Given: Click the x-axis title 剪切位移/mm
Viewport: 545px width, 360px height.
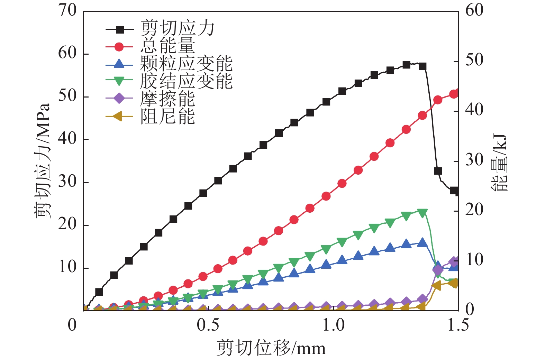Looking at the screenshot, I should pyautogui.click(x=271, y=348).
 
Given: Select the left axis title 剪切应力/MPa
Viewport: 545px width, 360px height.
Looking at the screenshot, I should pyautogui.click(x=43, y=160).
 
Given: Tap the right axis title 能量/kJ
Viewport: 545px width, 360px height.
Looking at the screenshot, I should pyautogui.click(x=499, y=163).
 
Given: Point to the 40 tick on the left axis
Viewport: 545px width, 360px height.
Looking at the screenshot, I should pyautogui.click(x=67, y=139).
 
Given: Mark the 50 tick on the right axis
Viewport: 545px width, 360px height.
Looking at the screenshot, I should pyautogui.click(x=474, y=61).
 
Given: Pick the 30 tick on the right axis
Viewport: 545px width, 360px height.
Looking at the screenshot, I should pyautogui.click(x=474, y=160).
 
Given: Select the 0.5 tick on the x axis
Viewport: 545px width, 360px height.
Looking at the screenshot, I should pyautogui.click(x=208, y=325).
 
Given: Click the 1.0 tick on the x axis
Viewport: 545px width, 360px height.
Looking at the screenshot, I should pyautogui.click(x=333, y=325).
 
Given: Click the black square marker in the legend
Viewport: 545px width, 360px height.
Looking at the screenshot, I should pyautogui.click(x=119, y=29).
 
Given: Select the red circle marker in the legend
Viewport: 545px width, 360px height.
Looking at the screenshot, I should pyautogui.click(x=119, y=47).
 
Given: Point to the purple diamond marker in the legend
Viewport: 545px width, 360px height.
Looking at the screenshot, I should pyautogui.click(x=119, y=99).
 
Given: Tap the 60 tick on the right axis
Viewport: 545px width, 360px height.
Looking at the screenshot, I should pyautogui.click(x=474, y=10).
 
